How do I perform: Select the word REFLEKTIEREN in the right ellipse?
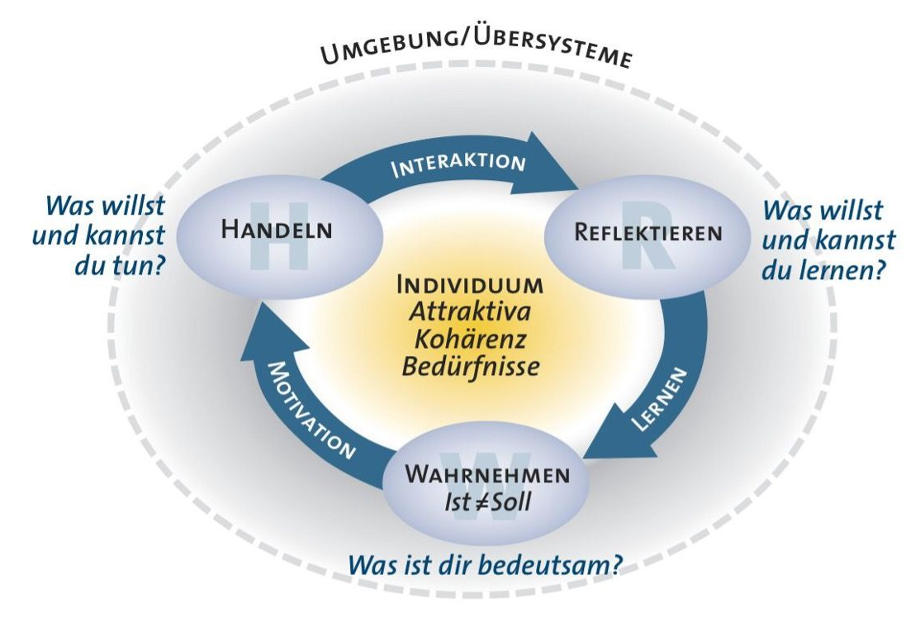tap(647, 233)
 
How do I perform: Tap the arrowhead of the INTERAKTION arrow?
tap(562, 178)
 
